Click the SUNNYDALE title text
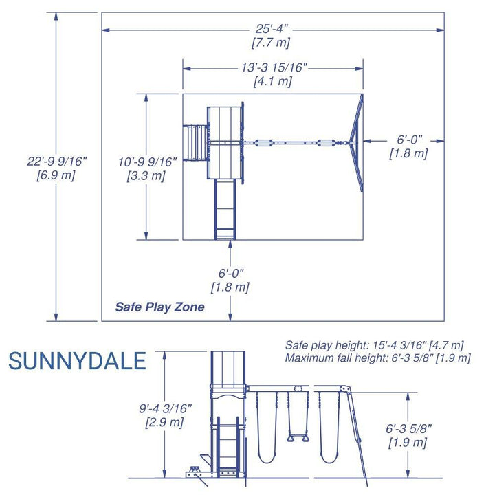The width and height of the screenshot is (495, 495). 77,361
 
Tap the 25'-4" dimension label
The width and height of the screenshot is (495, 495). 272,29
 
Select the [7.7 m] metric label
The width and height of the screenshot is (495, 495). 271,43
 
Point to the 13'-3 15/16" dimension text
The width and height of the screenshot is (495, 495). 274,67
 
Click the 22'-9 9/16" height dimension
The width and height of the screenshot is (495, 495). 56,162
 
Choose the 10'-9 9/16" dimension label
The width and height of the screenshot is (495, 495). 147,162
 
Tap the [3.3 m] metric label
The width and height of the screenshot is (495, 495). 146,176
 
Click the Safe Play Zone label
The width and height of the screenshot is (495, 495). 159,307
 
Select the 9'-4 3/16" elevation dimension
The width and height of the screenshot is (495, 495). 166,408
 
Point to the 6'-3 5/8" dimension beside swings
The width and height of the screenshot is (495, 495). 408,428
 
